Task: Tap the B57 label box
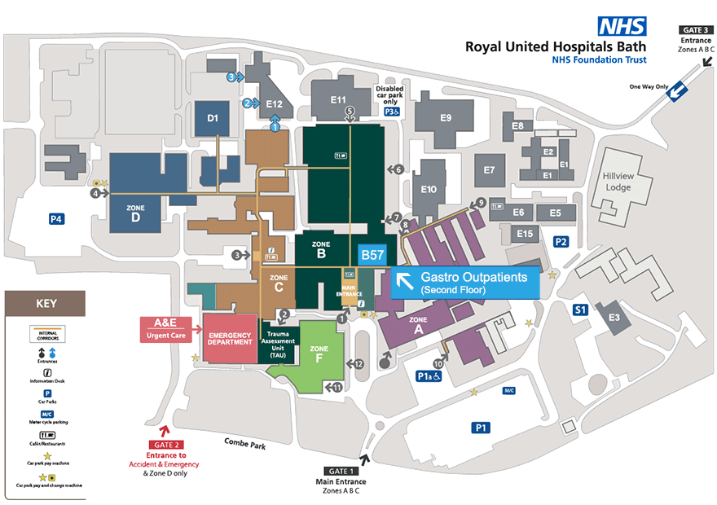pyautogui.click(x=372, y=255)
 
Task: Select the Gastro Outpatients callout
pyautogui.click(x=466, y=283)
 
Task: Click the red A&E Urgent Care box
pyautogui.click(x=166, y=327)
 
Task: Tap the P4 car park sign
pyautogui.click(x=56, y=218)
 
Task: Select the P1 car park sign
pyautogui.click(x=482, y=427)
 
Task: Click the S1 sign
pyautogui.click(x=580, y=310)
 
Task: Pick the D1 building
pyautogui.click(x=213, y=119)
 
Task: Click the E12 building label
pyautogui.click(x=274, y=104)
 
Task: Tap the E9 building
pyautogui.click(x=445, y=118)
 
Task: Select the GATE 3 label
pyautogui.click(x=697, y=29)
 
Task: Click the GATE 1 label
pyautogui.click(x=341, y=472)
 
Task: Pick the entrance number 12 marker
pyautogui.click(x=358, y=363)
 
